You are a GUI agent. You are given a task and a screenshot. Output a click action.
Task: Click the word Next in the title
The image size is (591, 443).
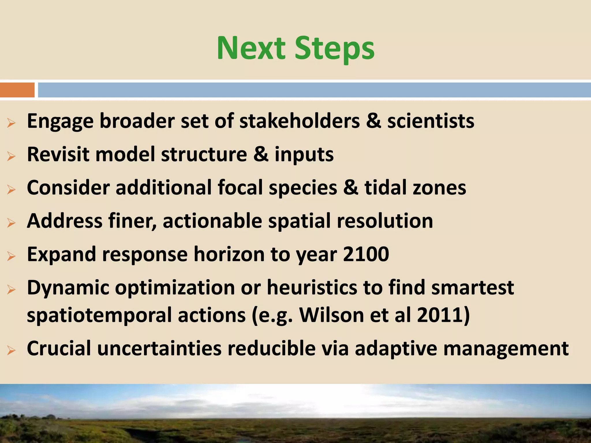(251, 48)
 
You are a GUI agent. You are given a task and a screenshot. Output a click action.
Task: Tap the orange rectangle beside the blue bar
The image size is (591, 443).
(17, 90)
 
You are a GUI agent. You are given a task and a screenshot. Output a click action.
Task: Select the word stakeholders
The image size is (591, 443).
(300, 121)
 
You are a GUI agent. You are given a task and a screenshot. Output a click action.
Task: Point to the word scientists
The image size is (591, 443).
(431, 121)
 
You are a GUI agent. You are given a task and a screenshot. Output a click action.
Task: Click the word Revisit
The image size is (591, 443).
(58, 154)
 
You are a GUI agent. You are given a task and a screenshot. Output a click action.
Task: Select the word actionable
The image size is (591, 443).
(212, 221)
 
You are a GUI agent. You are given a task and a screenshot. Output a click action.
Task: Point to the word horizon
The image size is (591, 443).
(229, 254)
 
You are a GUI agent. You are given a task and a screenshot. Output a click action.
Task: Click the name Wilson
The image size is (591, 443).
(332, 315)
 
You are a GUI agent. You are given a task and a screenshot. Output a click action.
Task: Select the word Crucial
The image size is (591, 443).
(59, 348)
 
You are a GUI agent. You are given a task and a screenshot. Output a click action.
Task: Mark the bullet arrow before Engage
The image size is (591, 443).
(11, 123)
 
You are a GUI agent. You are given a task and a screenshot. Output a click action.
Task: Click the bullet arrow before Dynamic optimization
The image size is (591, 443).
(11, 290)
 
